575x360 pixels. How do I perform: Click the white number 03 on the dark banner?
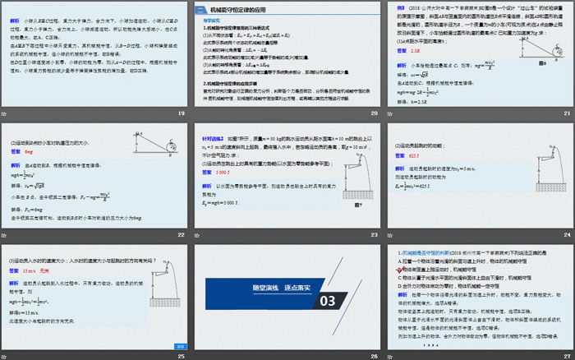coord(328,301)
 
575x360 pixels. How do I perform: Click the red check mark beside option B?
coord(402,268)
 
